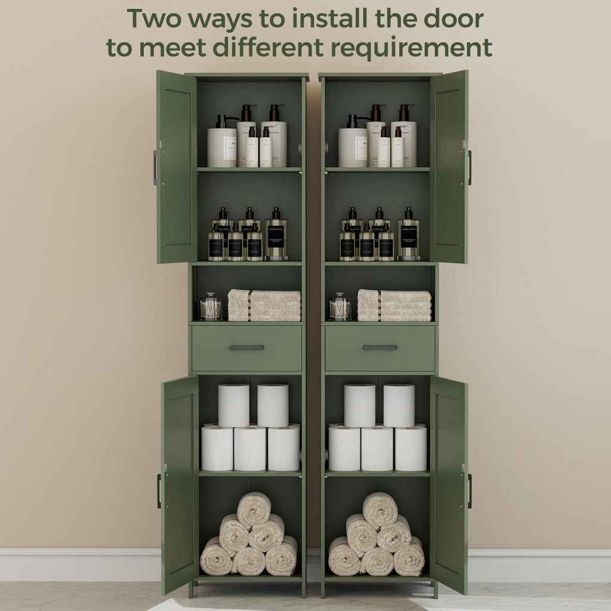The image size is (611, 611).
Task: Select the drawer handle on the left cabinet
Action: pyautogui.click(x=246, y=347)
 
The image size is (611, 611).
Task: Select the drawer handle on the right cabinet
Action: pyautogui.click(x=379, y=347)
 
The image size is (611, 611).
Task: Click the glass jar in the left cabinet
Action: pyautogui.click(x=211, y=307)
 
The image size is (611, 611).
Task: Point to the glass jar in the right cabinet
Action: pyautogui.click(x=340, y=307)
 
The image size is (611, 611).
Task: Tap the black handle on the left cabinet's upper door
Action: pyautogui.click(x=155, y=168)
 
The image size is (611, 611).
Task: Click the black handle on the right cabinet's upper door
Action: pyautogui.click(x=470, y=168)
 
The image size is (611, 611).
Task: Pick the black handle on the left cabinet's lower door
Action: pyautogui.click(x=159, y=491)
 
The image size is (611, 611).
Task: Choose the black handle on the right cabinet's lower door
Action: pyautogui.click(x=470, y=491)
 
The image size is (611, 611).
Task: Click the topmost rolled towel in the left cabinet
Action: pyautogui.click(x=254, y=509)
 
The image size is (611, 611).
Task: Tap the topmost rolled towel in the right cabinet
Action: pyautogui.click(x=380, y=509)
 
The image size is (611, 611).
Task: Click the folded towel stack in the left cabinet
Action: pyautogui.click(x=264, y=305)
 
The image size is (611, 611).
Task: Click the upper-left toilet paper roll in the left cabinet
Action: pyautogui.click(x=233, y=405)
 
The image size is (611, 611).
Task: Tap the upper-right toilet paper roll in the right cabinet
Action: pyautogui.click(x=399, y=405)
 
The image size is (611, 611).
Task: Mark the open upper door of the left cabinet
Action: pyautogui.click(x=177, y=167)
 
